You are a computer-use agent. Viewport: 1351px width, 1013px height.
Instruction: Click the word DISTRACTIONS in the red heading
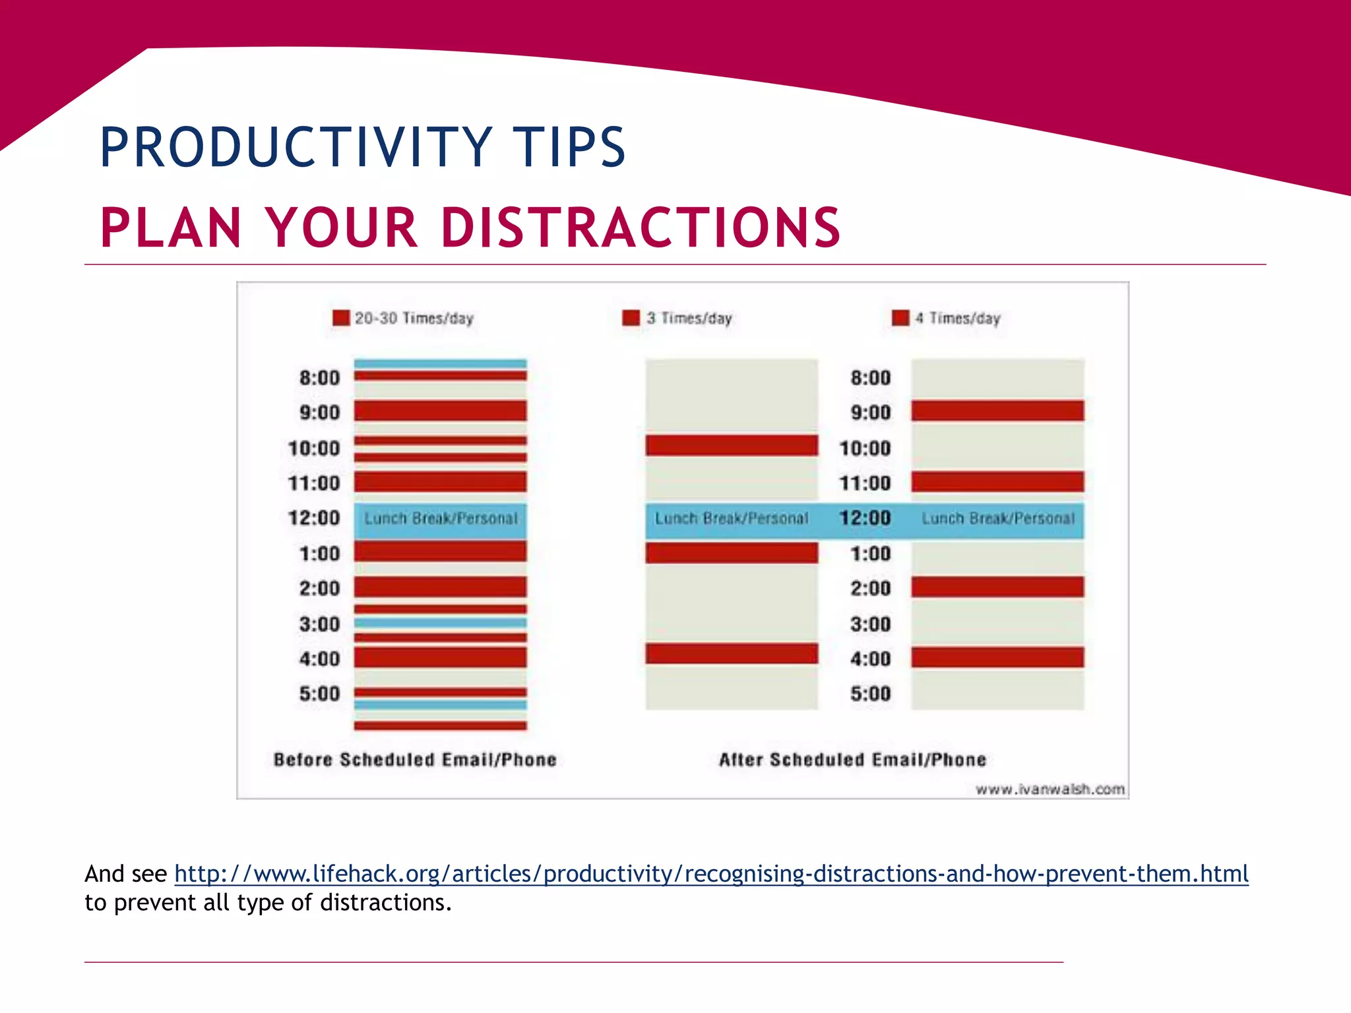[x=640, y=228]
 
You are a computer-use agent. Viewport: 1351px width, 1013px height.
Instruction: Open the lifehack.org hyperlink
[x=711, y=874]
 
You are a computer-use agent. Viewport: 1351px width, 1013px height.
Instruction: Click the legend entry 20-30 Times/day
[x=414, y=319]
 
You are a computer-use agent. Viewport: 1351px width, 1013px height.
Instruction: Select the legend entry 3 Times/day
[x=689, y=319]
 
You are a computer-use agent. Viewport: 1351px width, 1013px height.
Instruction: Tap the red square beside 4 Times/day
[x=900, y=319]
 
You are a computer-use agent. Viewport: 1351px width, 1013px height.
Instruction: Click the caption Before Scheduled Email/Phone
[x=415, y=760]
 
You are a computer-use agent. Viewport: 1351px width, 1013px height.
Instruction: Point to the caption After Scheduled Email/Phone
[x=852, y=760]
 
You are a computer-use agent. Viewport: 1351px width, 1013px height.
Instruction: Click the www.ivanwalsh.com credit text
[x=1050, y=789]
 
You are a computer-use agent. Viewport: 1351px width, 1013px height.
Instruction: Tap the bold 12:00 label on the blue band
[x=865, y=518]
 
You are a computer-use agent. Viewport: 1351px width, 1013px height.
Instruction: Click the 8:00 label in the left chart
[x=319, y=378]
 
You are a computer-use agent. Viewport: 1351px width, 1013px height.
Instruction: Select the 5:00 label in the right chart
[x=870, y=694]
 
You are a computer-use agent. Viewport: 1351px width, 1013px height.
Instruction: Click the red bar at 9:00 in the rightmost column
[x=997, y=411]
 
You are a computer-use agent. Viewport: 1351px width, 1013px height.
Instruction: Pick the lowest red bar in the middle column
[x=732, y=654]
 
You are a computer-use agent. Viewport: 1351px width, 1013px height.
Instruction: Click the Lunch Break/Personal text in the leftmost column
[x=441, y=519]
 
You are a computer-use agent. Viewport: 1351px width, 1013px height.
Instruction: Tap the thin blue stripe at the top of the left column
[x=440, y=363]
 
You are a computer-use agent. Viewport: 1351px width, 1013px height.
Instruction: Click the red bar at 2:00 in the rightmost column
[x=997, y=587]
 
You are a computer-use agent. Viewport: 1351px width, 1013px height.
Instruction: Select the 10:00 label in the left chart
[x=314, y=448]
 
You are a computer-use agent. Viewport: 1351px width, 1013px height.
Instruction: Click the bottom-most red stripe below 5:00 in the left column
[x=440, y=725]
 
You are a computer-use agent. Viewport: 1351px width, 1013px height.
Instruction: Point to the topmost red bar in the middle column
[x=732, y=445]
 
